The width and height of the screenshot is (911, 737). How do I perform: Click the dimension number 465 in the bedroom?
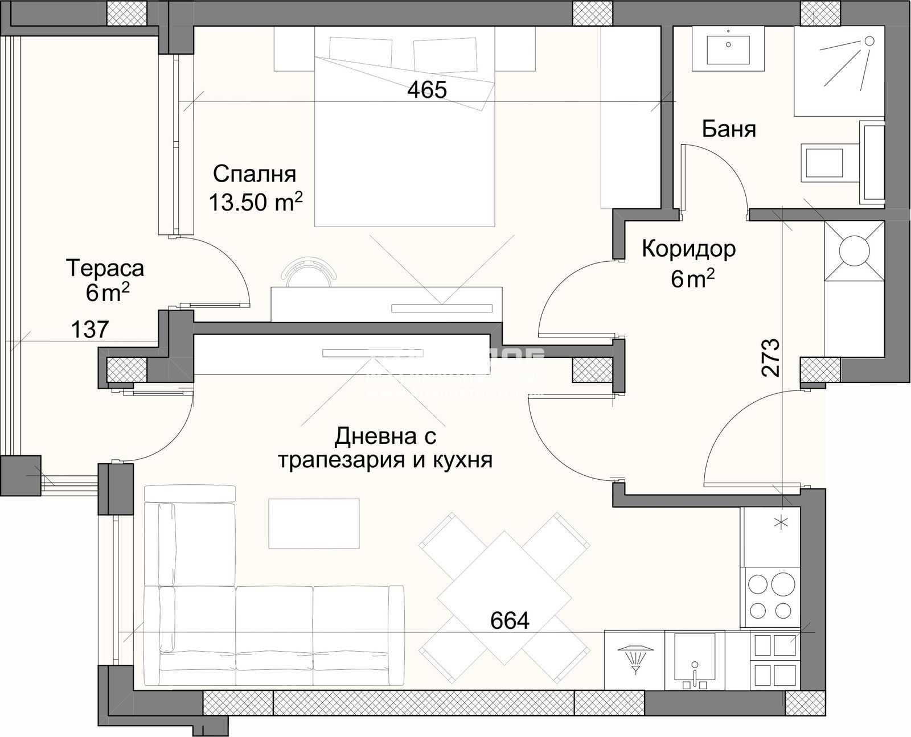(427, 90)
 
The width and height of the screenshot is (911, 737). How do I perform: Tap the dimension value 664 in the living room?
(510, 620)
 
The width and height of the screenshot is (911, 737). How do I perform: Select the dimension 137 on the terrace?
(90, 329)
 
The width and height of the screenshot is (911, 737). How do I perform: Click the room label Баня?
(729, 129)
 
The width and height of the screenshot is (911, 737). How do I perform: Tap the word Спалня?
(255, 174)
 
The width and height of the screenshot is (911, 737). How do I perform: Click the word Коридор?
(689, 249)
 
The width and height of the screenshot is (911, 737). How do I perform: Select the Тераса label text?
(105, 267)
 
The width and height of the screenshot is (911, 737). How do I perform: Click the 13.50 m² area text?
(255, 202)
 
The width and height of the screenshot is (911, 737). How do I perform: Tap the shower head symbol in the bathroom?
(869, 41)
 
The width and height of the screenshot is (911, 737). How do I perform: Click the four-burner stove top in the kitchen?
(772, 597)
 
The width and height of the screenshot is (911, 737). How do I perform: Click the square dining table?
(504, 590)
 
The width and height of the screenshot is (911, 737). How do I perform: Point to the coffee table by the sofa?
(314, 523)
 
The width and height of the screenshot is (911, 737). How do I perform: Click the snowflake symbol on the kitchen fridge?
(778, 522)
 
